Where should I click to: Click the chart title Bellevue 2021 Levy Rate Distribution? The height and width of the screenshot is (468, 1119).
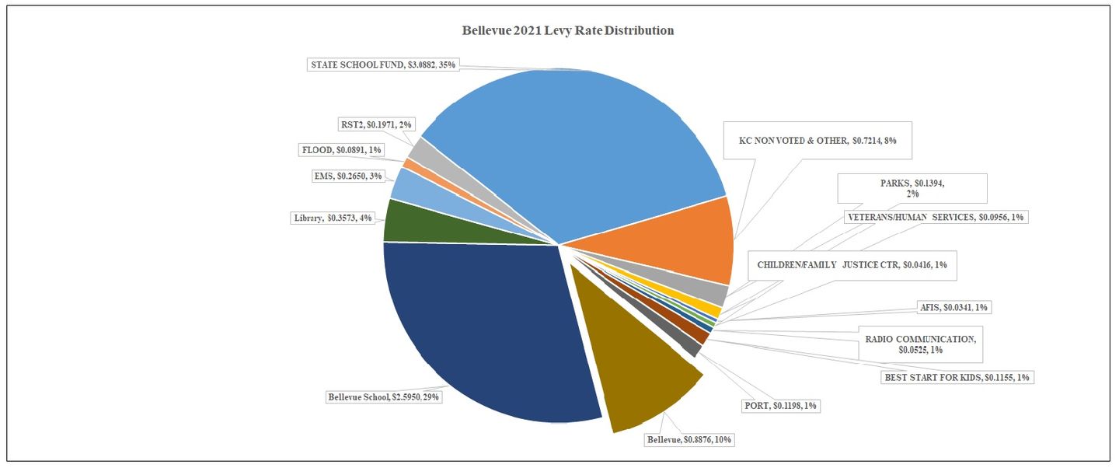(x=567, y=31)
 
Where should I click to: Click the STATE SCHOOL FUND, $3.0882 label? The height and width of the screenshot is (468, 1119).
(x=382, y=65)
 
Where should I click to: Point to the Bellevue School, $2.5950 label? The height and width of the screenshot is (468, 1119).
(x=384, y=397)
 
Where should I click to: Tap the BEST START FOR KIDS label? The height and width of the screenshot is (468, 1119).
(x=957, y=377)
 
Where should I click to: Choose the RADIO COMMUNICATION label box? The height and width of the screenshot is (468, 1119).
(x=919, y=344)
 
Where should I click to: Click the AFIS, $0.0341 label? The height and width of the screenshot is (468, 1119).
(x=954, y=308)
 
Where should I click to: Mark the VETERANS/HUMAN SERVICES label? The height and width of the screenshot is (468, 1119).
(x=936, y=217)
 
